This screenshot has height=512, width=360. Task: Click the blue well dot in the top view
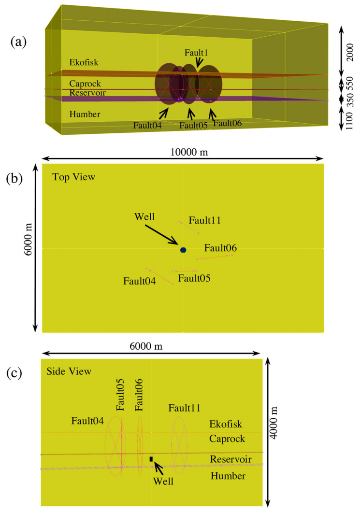tap(183, 250)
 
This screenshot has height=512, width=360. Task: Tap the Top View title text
tap(73, 177)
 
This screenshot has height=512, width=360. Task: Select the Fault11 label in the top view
tap(205, 220)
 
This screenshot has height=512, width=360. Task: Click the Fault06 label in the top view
tap(220, 248)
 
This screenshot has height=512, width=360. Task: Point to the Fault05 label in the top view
tap(194, 278)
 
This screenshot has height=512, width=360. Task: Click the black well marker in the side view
tap(151, 459)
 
